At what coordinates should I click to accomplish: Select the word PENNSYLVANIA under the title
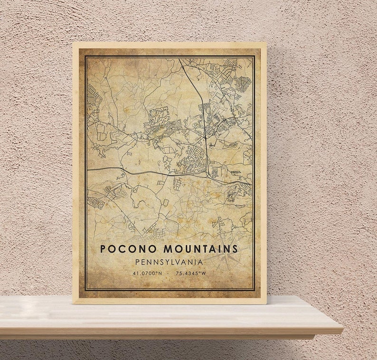(169, 262)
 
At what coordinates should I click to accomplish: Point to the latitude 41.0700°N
(148, 273)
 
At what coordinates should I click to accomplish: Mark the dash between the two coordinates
(170, 273)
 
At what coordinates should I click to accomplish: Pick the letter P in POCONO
(103, 248)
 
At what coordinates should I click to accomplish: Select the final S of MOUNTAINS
(235, 248)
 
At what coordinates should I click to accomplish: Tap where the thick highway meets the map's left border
(86, 168)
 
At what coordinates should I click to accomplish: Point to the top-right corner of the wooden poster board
(266, 43)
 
